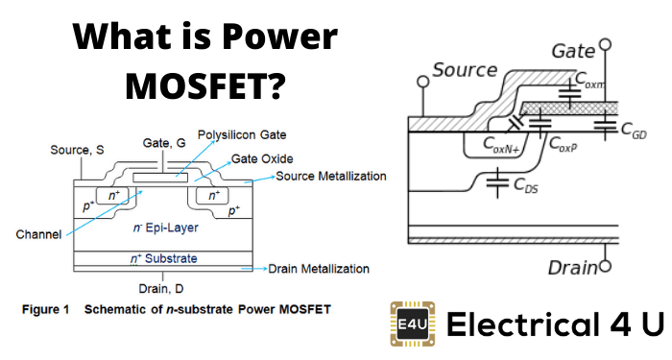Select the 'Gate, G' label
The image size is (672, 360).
tap(162, 142)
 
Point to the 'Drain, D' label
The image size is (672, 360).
tap(161, 287)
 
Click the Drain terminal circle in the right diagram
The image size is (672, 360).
tap(604, 266)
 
